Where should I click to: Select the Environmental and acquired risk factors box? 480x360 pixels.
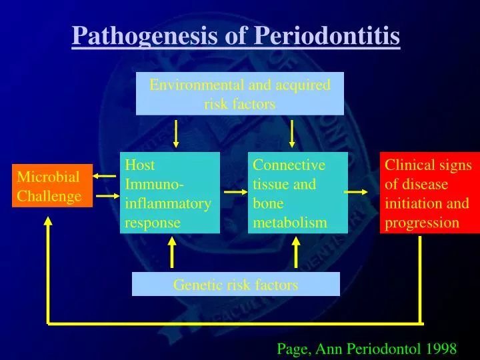coord(240,94)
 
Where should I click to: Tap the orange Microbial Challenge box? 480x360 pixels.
coord(51,186)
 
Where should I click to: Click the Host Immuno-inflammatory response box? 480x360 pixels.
coord(170,193)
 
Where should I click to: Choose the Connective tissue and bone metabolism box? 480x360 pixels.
coord(298,193)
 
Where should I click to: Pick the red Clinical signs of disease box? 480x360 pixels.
coord(430,193)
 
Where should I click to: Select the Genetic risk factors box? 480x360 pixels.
coord(235,285)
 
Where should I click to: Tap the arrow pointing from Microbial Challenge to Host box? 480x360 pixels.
coord(105,197)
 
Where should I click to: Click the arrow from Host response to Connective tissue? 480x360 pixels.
coord(235,192)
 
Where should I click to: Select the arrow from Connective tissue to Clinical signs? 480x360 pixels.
coord(356,192)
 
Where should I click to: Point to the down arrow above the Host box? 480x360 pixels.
coord(176,133)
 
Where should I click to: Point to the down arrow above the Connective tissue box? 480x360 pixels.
coord(291,133)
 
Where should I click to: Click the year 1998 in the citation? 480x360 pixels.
coord(440,348)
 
